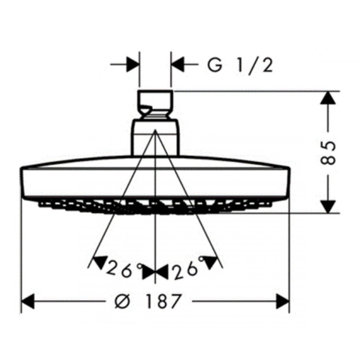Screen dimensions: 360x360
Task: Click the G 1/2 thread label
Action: (240, 65)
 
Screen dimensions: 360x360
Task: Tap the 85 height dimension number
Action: (328, 153)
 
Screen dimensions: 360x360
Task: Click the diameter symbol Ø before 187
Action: (122, 301)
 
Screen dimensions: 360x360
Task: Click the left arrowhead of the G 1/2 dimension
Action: (132, 64)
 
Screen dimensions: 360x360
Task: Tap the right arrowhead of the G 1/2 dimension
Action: (178, 64)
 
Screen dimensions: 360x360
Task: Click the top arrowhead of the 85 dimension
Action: (328, 98)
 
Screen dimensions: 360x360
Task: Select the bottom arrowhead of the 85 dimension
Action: (328, 206)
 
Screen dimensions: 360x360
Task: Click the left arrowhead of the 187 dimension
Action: (28, 301)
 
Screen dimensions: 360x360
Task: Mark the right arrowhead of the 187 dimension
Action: (283, 301)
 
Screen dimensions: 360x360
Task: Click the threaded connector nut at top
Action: (155, 105)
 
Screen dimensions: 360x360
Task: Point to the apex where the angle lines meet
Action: (155, 130)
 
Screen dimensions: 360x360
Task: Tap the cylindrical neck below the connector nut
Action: (155, 138)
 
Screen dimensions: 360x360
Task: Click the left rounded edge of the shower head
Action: (22, 181)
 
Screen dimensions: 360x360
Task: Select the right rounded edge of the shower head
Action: (289, 181)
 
